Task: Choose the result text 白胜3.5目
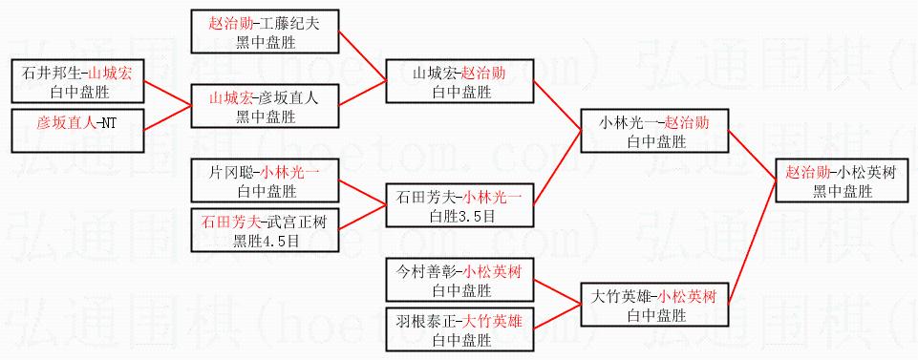click(x=459, y=216)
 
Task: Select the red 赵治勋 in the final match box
click(x=807, y=173)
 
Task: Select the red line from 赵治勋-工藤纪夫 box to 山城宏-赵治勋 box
click(x=362, y=55)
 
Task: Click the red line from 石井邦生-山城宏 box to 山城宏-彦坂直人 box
click(x=168, y=94)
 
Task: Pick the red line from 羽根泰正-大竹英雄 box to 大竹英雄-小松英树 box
click(x=557, y=309)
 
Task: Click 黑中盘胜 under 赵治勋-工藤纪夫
click(x=266, y=42)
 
